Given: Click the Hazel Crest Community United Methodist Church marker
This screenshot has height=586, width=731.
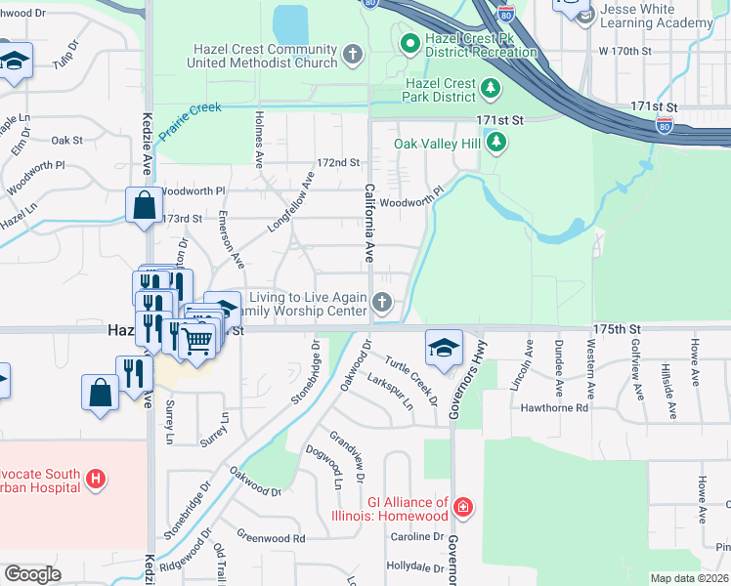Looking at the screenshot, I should point(353,56).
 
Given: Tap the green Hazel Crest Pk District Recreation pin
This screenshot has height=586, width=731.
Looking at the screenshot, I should point(409,44).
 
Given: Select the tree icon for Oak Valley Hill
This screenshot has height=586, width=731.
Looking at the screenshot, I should point(497,144).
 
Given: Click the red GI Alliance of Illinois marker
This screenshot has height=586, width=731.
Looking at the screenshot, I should point(463,509).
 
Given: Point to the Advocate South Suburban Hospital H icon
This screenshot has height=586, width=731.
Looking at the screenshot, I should point(96,479).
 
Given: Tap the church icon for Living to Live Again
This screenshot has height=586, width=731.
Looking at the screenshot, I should point(382,304).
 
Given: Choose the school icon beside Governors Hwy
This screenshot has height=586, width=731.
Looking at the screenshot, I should point(443,347).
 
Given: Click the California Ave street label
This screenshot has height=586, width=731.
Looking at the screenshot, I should point(369,223).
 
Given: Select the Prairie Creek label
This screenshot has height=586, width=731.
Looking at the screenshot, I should point(191,117).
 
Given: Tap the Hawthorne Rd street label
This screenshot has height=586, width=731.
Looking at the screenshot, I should point(554,407).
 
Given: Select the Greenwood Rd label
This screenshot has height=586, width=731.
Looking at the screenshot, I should point(271,537).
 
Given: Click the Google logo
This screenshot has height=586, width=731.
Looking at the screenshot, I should point(32,574).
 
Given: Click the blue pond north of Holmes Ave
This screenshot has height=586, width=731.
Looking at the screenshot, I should point(290,25).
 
